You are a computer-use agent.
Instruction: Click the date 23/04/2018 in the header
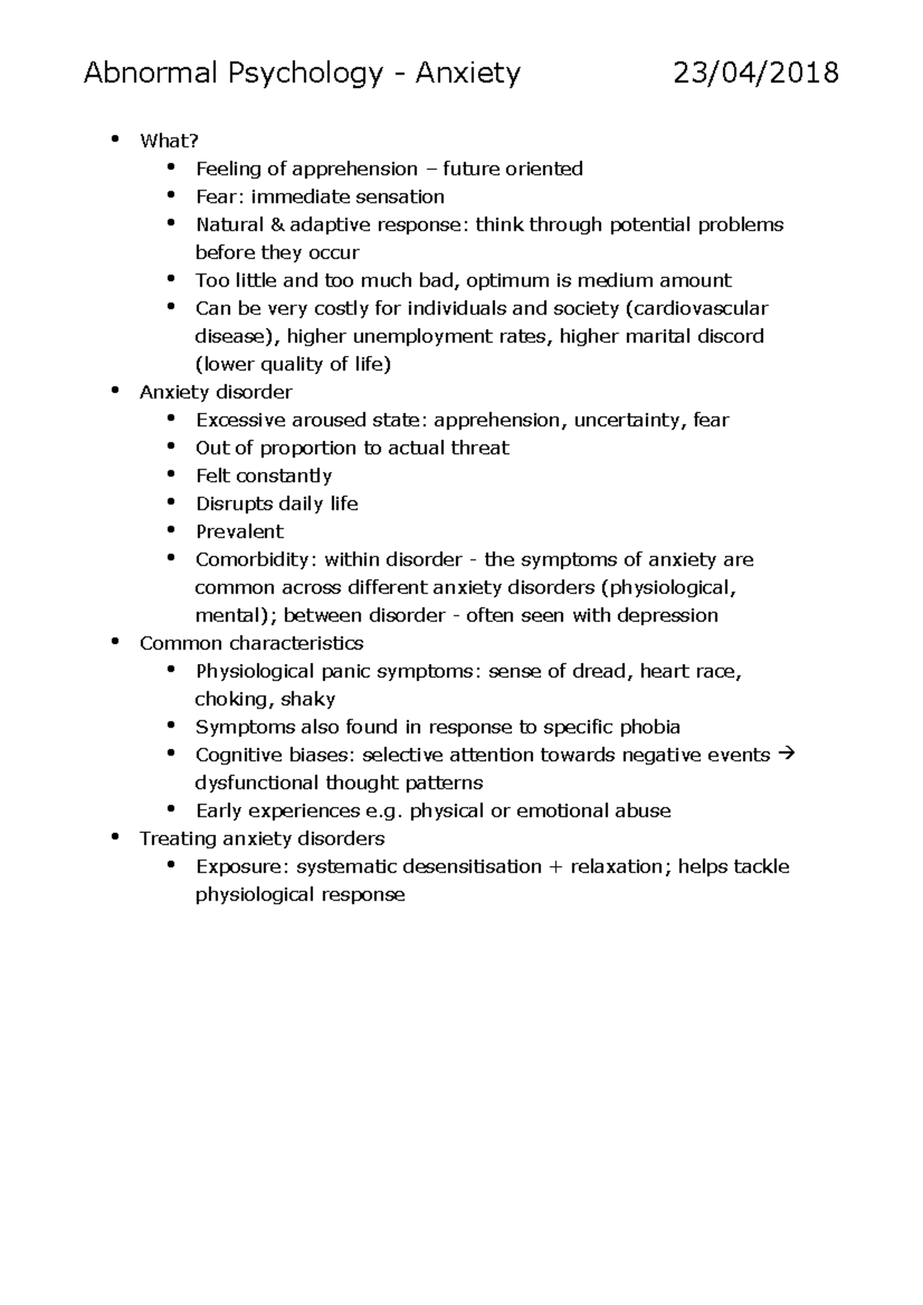coord(755,74)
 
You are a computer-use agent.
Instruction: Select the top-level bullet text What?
coord(168,141)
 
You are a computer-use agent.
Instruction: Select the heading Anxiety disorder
coord(215,393)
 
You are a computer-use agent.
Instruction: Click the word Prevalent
coord(239,532)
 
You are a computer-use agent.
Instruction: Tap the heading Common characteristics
coord(251,643)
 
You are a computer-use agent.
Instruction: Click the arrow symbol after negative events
coord(786,755)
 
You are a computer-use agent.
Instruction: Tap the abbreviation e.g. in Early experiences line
coord(385,812)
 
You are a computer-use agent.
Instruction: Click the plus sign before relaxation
coord(555,867)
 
